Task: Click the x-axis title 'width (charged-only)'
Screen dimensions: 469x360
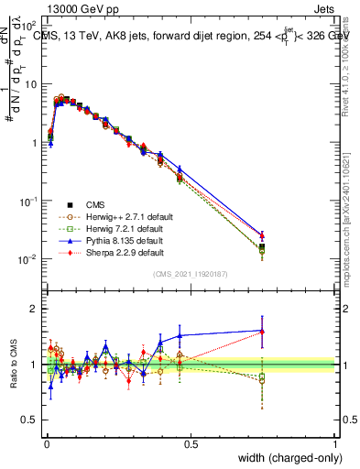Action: coord(284,458)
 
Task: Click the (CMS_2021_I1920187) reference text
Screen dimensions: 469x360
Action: coord(190,274)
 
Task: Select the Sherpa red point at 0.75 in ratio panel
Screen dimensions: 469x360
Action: coord(262,332)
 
